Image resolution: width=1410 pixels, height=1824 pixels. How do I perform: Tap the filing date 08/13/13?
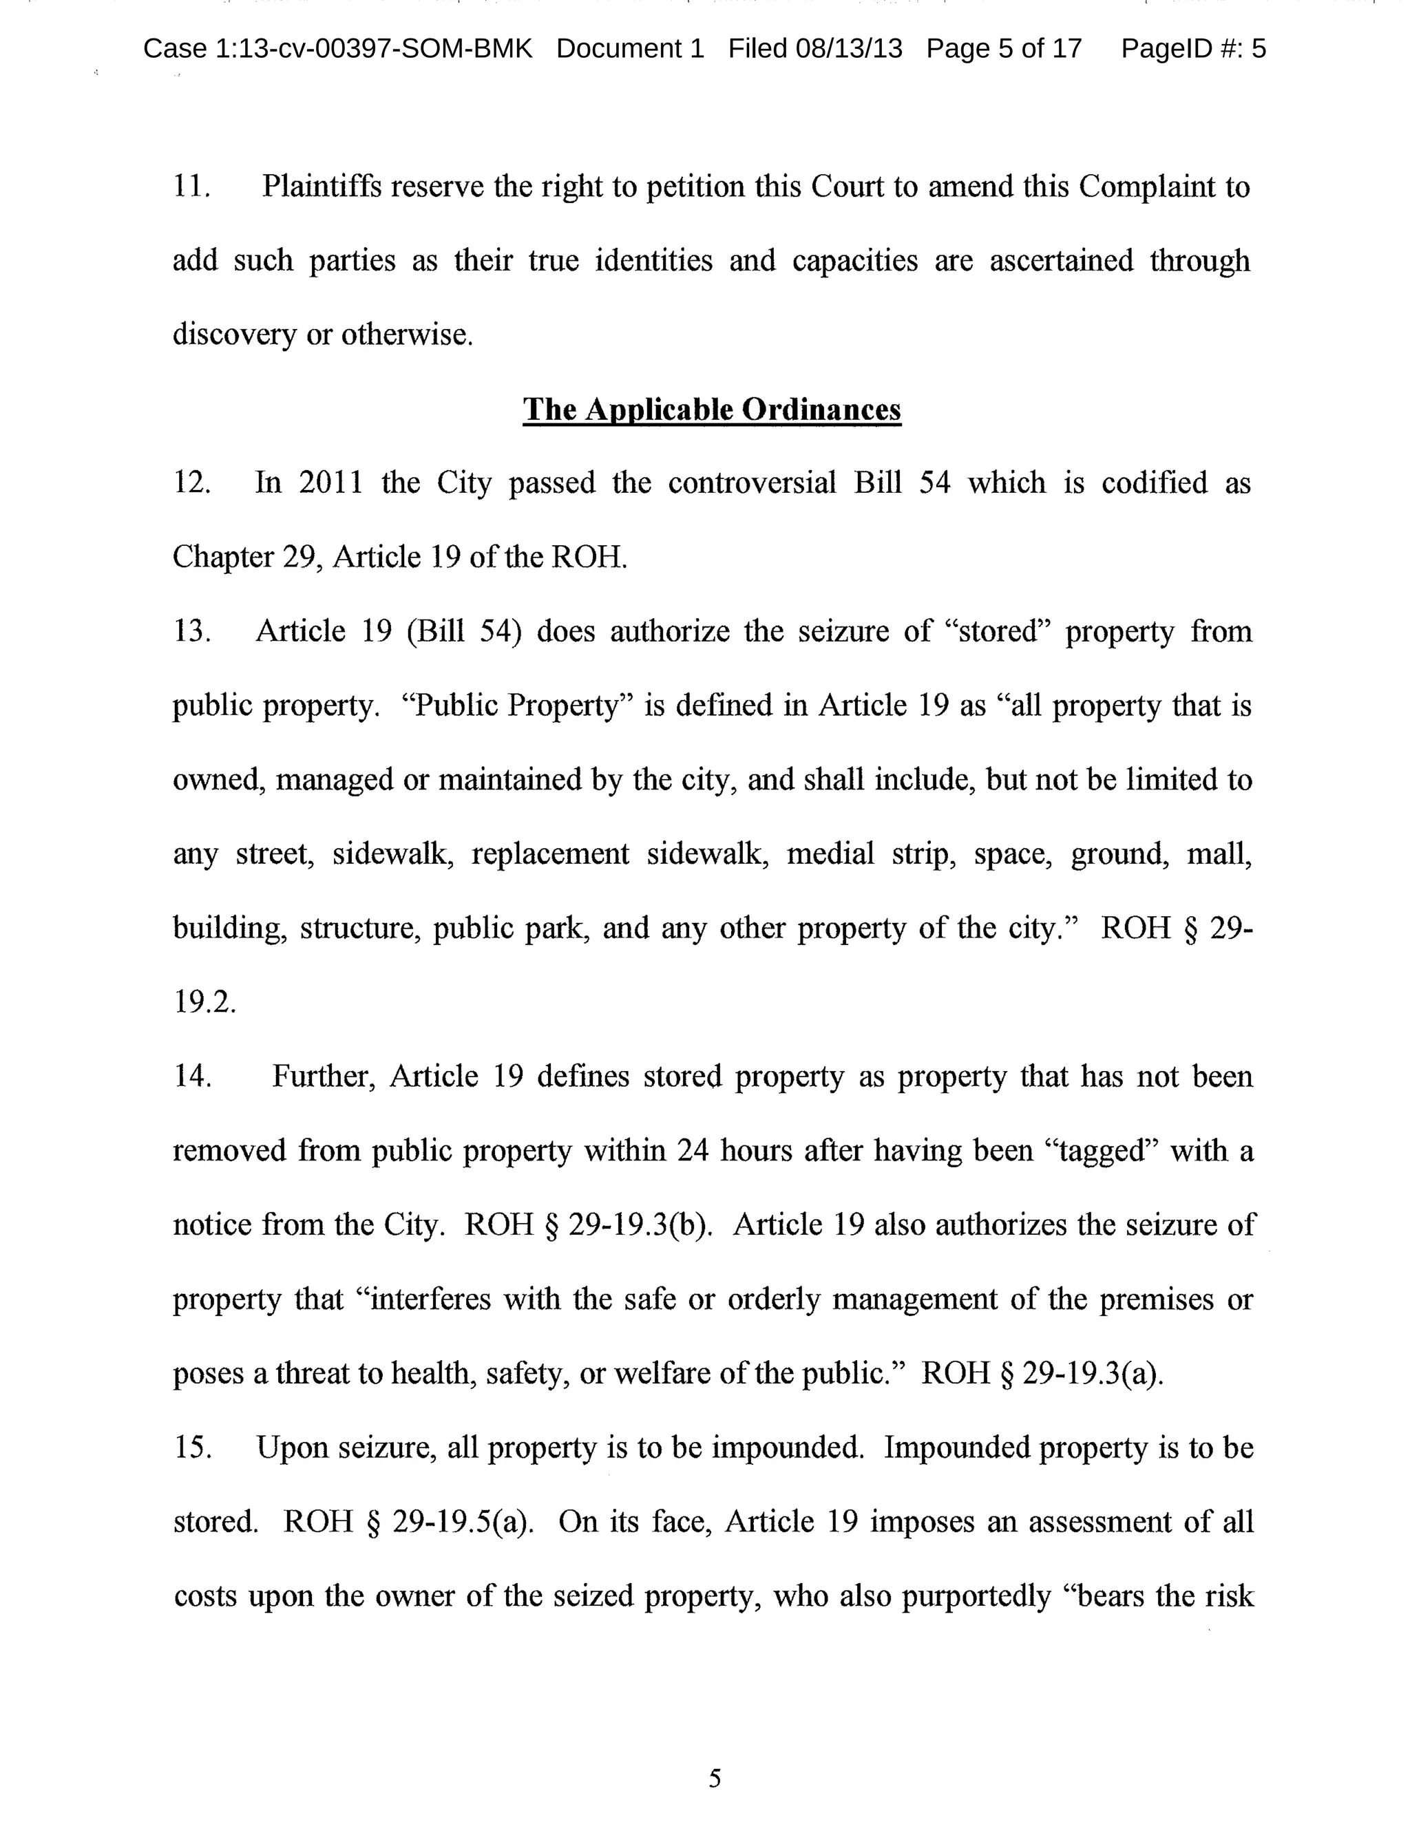[849, 50]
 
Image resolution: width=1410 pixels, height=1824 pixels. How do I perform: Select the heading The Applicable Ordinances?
[712, 410]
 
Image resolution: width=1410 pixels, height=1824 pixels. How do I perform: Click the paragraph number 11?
[191, 187]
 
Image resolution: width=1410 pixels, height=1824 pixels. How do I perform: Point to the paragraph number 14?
[191, 1077]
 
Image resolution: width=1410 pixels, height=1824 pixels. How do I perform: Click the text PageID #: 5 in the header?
[1193, 50]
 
